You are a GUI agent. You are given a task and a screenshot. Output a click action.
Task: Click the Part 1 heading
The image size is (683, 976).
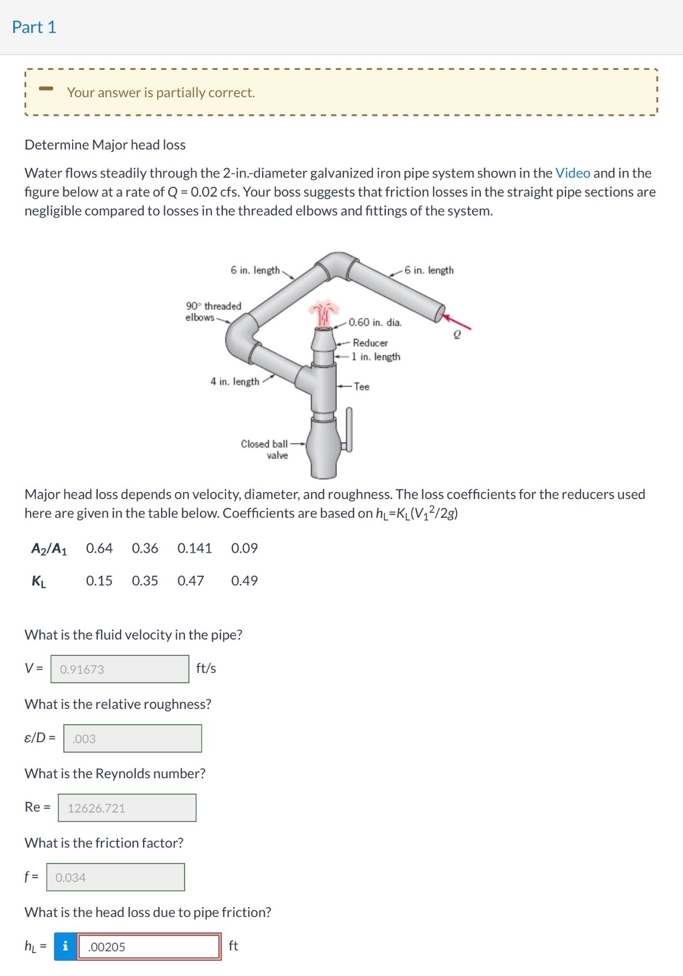click(34, 27)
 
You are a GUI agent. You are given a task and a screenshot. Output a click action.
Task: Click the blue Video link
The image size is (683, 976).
click(572, 173)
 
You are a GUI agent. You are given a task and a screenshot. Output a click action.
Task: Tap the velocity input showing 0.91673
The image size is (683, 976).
click(120, 669)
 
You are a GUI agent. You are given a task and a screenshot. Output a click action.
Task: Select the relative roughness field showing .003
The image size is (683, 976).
click(132, 738)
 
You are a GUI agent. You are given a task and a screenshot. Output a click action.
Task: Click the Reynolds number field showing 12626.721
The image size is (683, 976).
click(127, 808)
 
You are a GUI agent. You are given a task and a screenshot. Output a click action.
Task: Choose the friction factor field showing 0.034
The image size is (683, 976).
click(115, 877)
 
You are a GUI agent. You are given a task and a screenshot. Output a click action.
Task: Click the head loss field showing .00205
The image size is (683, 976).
click(149, 947)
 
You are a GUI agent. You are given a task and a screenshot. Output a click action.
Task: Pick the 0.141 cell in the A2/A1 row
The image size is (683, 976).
click(194, 548)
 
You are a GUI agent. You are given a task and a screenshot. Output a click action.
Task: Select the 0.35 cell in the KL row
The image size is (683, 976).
click(145, 581)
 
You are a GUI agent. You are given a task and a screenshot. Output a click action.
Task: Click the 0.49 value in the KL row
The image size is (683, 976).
click(244, 581)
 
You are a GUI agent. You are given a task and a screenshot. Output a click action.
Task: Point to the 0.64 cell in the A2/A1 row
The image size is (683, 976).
click(99, 548)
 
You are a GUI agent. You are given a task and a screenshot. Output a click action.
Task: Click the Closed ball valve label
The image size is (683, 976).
click(265, 449)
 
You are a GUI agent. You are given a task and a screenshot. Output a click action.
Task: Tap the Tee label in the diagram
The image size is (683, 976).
click(361, 387)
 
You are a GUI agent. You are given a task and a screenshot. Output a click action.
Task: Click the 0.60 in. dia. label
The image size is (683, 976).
click(375, 322)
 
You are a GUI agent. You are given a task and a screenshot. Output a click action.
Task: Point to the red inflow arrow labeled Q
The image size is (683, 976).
click(458, 323)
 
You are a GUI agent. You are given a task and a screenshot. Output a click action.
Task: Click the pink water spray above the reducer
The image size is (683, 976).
click(324, 313)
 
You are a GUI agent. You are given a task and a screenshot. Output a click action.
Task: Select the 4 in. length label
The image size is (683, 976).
click(235, 381)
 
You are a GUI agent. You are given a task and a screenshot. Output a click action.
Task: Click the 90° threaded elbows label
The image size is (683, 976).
click(213, 311)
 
